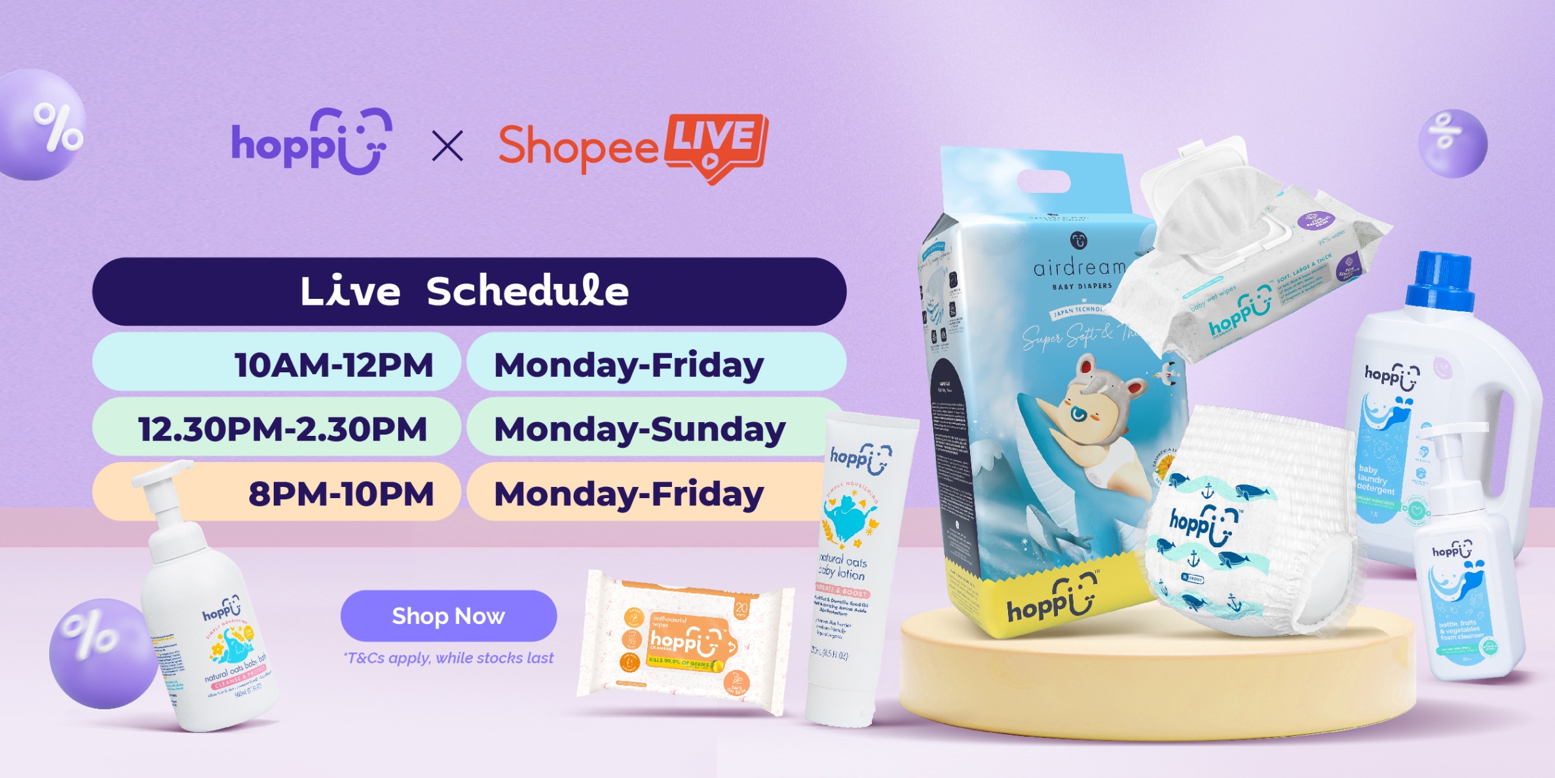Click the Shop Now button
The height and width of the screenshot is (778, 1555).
pyautogui.click(x=448, y=615)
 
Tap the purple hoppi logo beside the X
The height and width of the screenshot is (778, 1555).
pyautogui.click(x=312, y=142)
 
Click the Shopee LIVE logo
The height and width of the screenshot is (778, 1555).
pyautogui.click(x=633, y=147)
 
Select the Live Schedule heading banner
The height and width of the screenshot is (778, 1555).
pyautogui.click(x=468, y=291)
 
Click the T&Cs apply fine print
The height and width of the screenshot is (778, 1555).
pyautogui.click(x=449, y=657)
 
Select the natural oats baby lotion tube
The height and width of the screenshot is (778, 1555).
pyautogui.click(x=852, y=564)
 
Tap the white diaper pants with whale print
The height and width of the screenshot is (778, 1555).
pyautogui.click(x=1245, y=524)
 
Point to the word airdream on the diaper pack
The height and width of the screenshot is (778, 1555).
pyautogui.click(x=1079, y=267)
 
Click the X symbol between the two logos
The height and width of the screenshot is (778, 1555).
pyautogui.click(x=447, y=146)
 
